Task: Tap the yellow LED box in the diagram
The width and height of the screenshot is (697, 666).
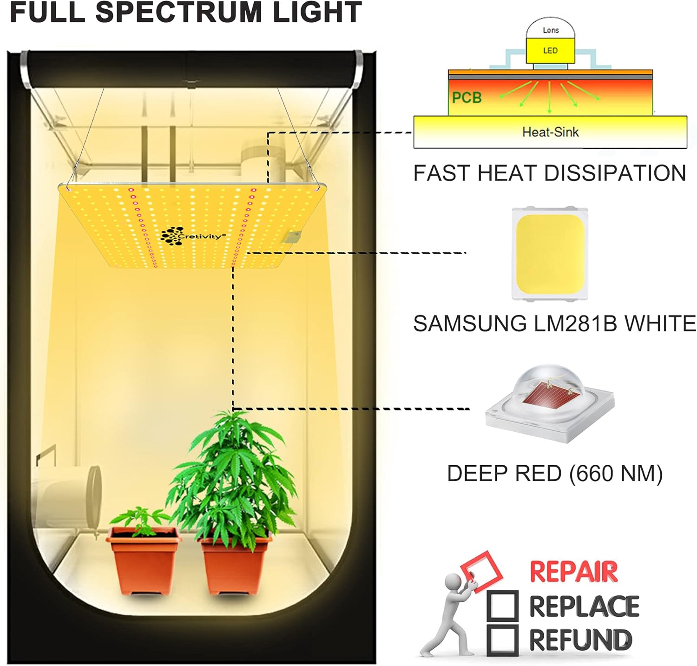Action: point(550,51)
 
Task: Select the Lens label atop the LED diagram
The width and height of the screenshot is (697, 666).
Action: point(551,30)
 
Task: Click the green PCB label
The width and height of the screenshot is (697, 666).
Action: point(467,98)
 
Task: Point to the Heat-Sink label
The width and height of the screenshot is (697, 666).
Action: point(550,132)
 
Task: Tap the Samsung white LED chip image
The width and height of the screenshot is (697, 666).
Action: point(550,253)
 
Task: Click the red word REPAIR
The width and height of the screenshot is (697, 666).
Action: point(573,572)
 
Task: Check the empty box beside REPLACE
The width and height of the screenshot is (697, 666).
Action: point(502,605)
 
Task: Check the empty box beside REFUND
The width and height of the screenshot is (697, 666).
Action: point(502,639)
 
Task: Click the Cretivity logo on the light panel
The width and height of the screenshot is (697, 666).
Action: point(193,235)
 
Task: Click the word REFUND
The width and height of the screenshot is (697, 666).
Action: point(581,640)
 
